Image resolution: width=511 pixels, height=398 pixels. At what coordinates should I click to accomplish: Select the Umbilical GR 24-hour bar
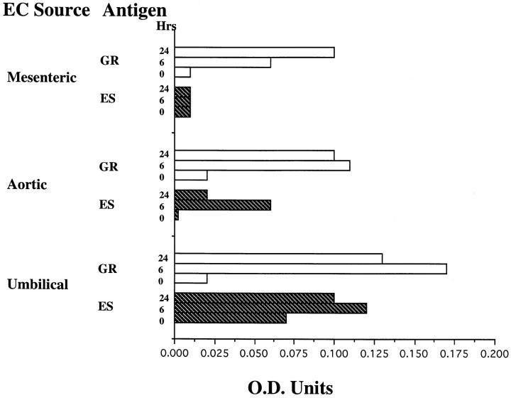278,258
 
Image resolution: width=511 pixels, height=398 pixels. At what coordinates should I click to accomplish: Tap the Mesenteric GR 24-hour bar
254,52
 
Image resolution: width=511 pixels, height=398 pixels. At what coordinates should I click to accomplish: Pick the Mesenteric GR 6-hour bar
222,63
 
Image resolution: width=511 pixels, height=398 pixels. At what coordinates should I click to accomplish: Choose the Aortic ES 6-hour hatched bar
222,205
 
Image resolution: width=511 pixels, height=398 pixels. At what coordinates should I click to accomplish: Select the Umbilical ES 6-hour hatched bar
270,309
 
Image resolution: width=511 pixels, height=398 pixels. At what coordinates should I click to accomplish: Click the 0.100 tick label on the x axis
334,352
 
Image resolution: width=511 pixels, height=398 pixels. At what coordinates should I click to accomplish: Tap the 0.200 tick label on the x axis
494,352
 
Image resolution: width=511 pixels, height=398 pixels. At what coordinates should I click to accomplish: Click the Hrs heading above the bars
167,27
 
